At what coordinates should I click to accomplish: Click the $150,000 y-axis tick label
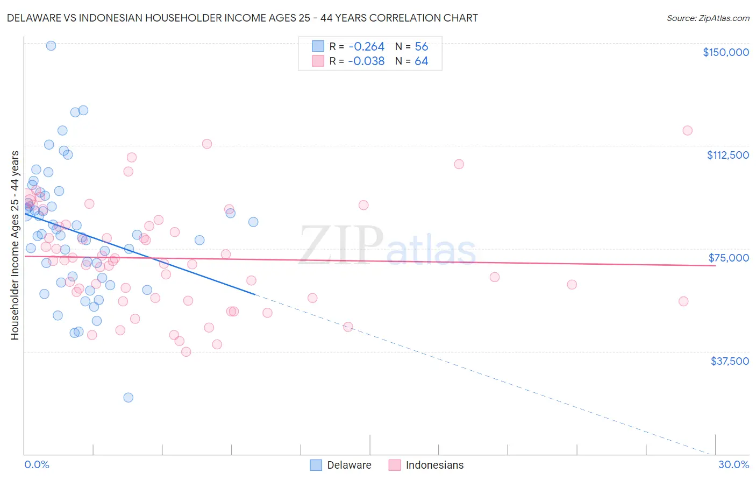point(725,52)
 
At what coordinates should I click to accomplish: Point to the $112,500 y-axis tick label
point(728,155)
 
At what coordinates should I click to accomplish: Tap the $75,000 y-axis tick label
point(729,258)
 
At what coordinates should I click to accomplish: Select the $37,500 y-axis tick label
point(729,361)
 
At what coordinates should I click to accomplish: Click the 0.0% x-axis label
point(37,464)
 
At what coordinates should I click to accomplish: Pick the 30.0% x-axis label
point(733,464)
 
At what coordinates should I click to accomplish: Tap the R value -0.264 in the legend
point(366,47)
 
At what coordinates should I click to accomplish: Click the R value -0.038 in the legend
point(366,61)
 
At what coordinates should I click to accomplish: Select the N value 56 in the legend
point(422,47)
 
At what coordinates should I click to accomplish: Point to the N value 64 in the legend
point(422,61)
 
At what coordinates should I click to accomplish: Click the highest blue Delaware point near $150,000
point(51,46)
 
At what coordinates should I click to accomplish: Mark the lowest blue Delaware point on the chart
point(128,398)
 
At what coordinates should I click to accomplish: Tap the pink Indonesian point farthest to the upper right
point(687,130)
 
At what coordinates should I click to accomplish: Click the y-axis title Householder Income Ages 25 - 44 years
point(15,245)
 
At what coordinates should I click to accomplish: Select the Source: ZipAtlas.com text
point(708,18)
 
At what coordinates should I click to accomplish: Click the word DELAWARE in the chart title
point(33,18)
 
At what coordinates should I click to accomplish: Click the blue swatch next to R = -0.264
point(318,47)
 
